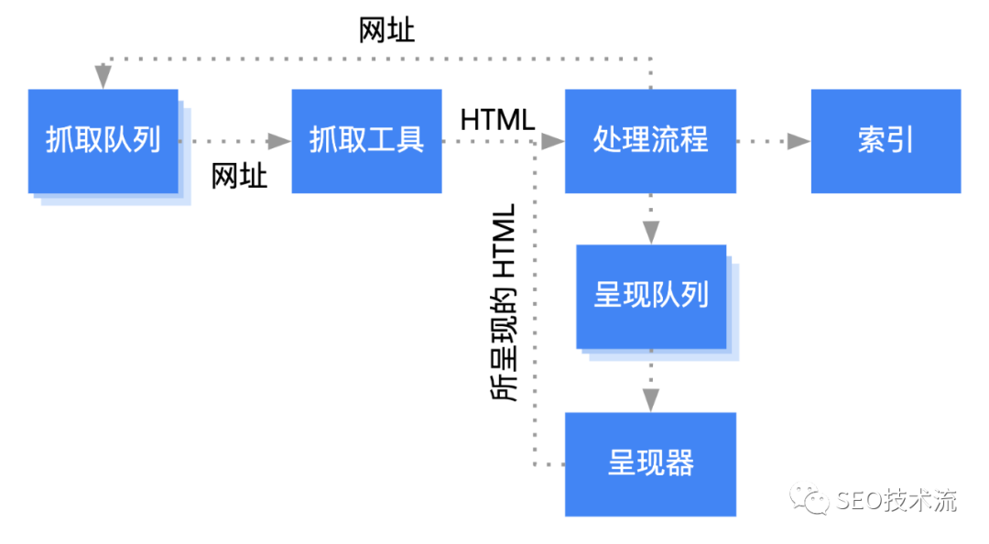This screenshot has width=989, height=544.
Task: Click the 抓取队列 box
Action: point(103,141)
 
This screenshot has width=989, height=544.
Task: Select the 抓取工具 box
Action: point(366,141)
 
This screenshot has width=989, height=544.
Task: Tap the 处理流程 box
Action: point(650,141)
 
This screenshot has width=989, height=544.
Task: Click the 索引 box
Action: point(886,141)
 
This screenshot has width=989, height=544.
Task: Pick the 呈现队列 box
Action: point(651,296)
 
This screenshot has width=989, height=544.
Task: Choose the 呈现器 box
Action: point(650,463)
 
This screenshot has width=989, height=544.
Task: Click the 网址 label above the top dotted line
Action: point(386,30)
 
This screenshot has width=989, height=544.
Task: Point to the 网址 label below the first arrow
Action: point(239,175)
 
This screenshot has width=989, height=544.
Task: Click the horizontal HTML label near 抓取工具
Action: point(497,120)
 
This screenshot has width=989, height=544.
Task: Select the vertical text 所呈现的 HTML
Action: point(505,302)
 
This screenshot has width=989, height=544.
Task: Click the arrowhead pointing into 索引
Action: point(799,141)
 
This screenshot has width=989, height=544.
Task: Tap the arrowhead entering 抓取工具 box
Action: point(278,141)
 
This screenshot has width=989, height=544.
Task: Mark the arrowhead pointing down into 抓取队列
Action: point(103,77)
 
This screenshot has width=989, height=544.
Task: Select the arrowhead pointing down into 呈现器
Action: point(650,399)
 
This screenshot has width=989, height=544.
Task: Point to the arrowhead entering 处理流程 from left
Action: point(552,141)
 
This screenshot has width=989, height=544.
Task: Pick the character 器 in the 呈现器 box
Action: point(679,463)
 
